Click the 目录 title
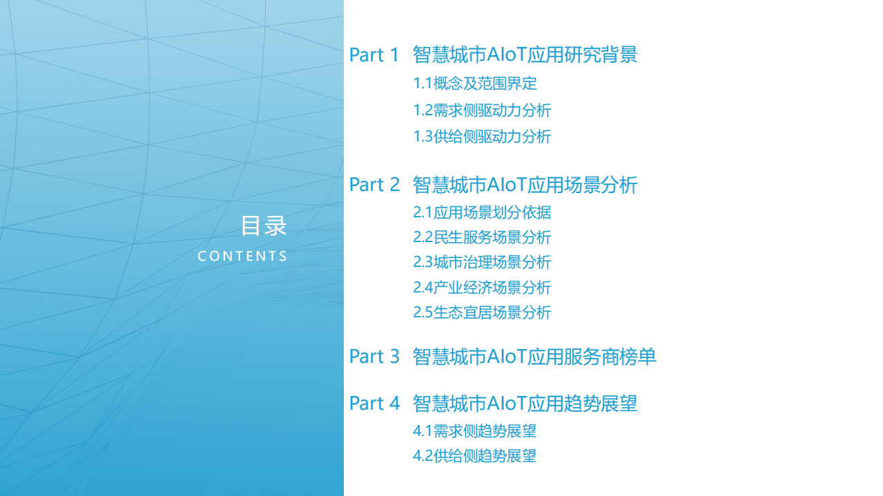tap(263, 226)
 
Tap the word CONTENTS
tap(242, 257)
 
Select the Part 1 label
tap(374, 55)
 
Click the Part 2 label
tap(374, 185)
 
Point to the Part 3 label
tap(374, 357)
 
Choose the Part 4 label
tap(374, 404)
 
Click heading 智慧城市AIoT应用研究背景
tap(525, 55)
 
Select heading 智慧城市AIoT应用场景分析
tap(525, 185)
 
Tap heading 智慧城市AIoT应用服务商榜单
tap(534, 357)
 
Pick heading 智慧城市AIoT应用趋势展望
tap(525, 404)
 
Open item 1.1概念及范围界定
tap(475, 84)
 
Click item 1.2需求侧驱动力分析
tap(482, 110)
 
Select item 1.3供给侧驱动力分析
tap(482, 137)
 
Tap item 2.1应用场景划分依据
tap(482, 212)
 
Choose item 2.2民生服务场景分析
tap(482, 237)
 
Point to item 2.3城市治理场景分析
tap(482, 262)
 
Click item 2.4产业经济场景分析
tap(482, 288)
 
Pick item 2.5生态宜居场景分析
tap(482, 313)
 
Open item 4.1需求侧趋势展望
tap(475, 432)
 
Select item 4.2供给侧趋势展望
tap(475, 456)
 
